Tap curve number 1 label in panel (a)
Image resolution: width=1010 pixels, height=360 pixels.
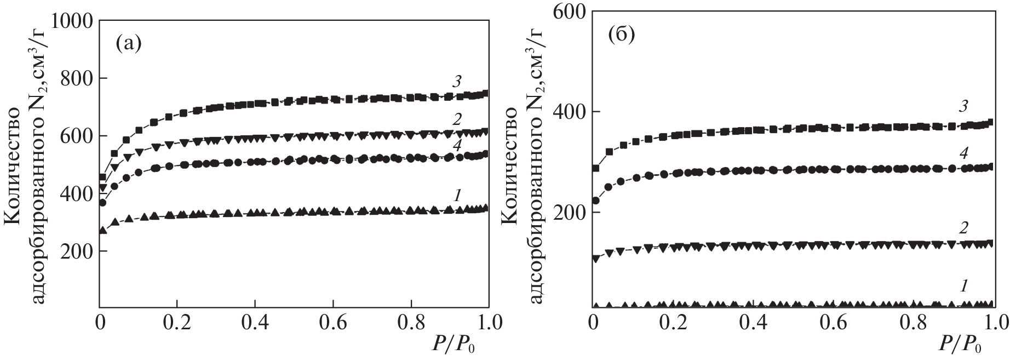point(456,193)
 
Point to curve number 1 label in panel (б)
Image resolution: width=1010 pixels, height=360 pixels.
point(964,285)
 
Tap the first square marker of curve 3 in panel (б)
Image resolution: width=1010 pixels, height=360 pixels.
point(596,168)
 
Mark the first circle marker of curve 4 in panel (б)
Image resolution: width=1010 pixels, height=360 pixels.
point(596,201)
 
